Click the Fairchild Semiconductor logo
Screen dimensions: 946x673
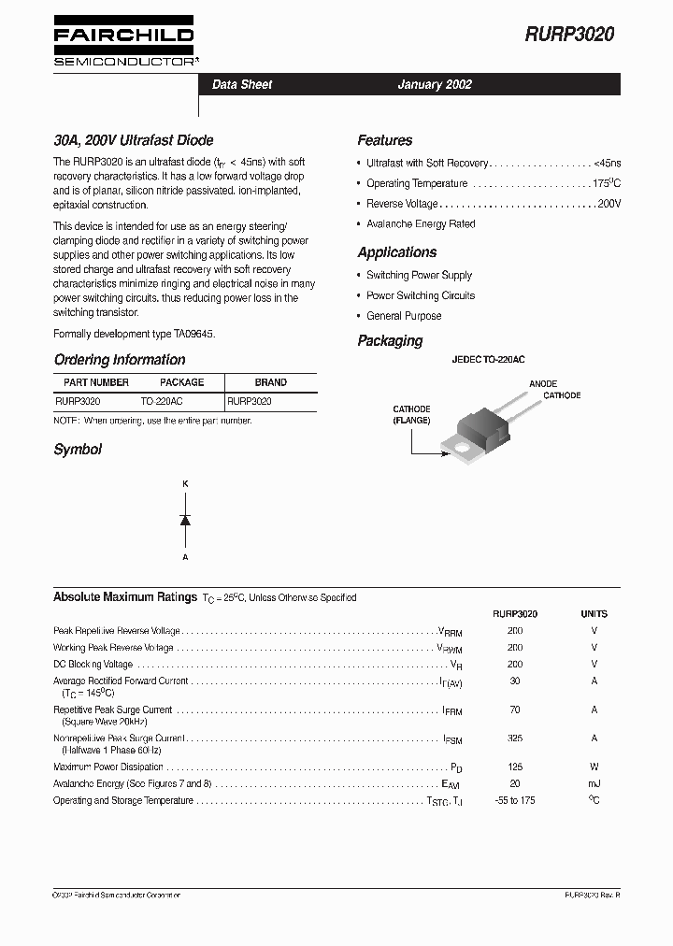point(123,43)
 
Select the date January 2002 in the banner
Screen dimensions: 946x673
point(435,84)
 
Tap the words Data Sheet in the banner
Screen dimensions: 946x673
point(242,84)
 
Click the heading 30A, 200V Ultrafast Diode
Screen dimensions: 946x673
point(134,140)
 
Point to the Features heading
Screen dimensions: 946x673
point(384,140)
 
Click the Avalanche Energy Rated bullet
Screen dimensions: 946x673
point(421,224)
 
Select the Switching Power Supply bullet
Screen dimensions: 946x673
point(419,275)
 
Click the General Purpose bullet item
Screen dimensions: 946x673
point(404,316)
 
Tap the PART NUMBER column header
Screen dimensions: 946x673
point(96,382)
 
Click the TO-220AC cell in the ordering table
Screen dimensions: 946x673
point(162,400)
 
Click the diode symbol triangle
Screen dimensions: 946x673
point(185,520)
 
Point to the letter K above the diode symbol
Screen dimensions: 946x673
point(185,483)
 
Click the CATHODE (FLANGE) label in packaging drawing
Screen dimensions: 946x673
point(411,415)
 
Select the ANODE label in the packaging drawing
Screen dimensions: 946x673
point(543,384)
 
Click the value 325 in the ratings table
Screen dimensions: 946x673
point(515,738)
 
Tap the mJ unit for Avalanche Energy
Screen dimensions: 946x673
point(594,783)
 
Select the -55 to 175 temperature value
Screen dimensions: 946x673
point(515,800)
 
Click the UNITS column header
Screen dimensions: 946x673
point(594,614)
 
